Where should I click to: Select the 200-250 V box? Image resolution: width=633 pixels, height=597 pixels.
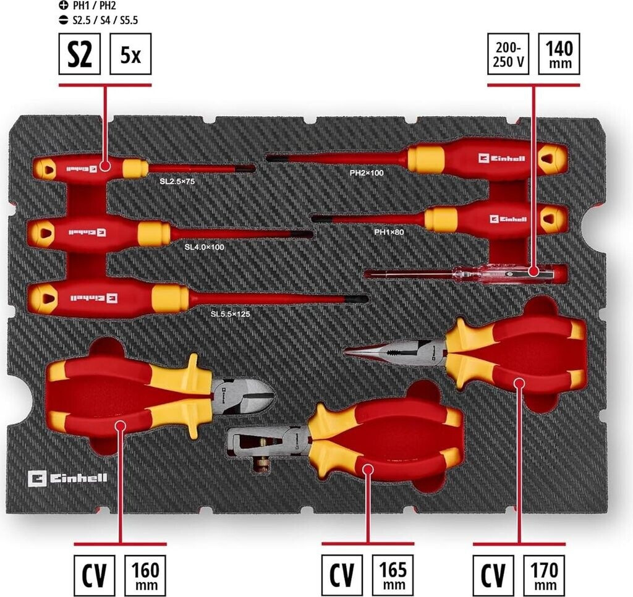(x=508, y=54)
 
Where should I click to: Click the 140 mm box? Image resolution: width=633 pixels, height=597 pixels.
(x=559, y=54)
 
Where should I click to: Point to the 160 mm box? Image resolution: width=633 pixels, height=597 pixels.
(x=146, y=575)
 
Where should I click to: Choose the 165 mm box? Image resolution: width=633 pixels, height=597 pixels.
(x=393, y=575)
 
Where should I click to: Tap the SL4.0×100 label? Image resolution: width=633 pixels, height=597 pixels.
(x=205, y=247)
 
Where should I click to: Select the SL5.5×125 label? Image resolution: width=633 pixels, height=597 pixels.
(x=231, y=314)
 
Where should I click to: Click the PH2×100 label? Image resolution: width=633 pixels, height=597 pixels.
(x=367, y=173)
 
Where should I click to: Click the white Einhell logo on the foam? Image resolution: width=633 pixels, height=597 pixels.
(x=67, y=478)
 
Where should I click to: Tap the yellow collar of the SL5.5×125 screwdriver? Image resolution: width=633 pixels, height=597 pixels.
(x=170, y=299)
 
